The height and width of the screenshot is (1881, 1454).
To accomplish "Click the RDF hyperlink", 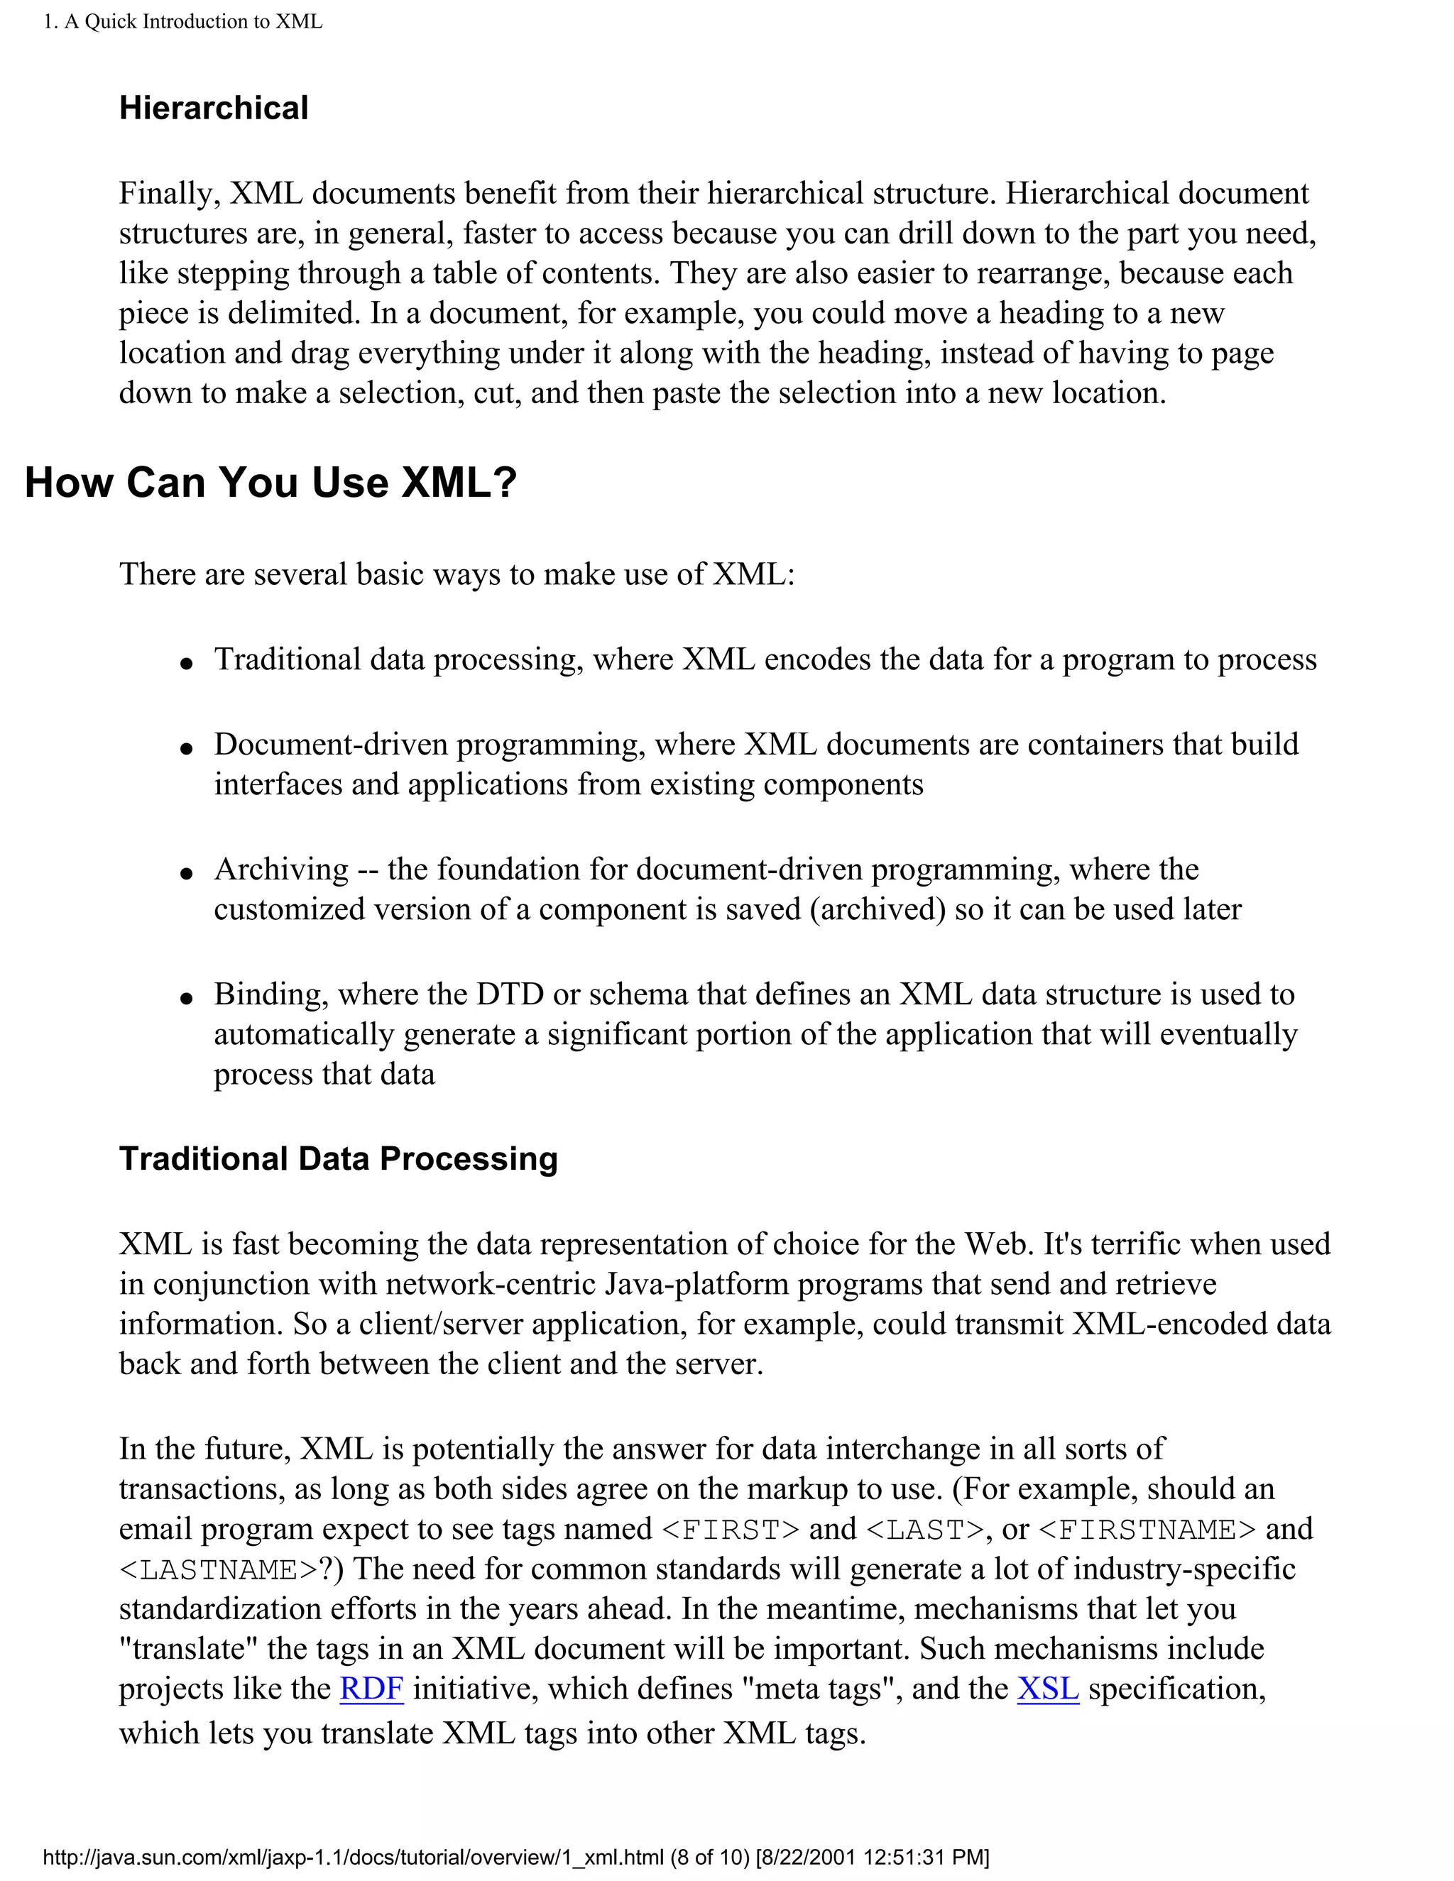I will pyautogui.click(x=371, y=1688).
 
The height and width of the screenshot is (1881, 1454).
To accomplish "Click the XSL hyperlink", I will pyautogui.click(x=1047, y=1688).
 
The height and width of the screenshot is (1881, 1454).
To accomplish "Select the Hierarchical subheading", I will pyautogui.click(x=214, y=108).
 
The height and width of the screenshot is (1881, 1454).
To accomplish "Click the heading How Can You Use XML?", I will pyautogui.click(x=270, y=482).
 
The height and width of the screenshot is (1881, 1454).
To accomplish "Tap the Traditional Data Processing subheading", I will pyautogui.click(x=339, y=1158).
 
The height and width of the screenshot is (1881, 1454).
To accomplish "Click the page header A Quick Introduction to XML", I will pyautogui.click(x=183, y=21).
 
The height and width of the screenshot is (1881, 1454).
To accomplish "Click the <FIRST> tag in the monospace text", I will pyautogui.click(x=731, y=1530).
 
